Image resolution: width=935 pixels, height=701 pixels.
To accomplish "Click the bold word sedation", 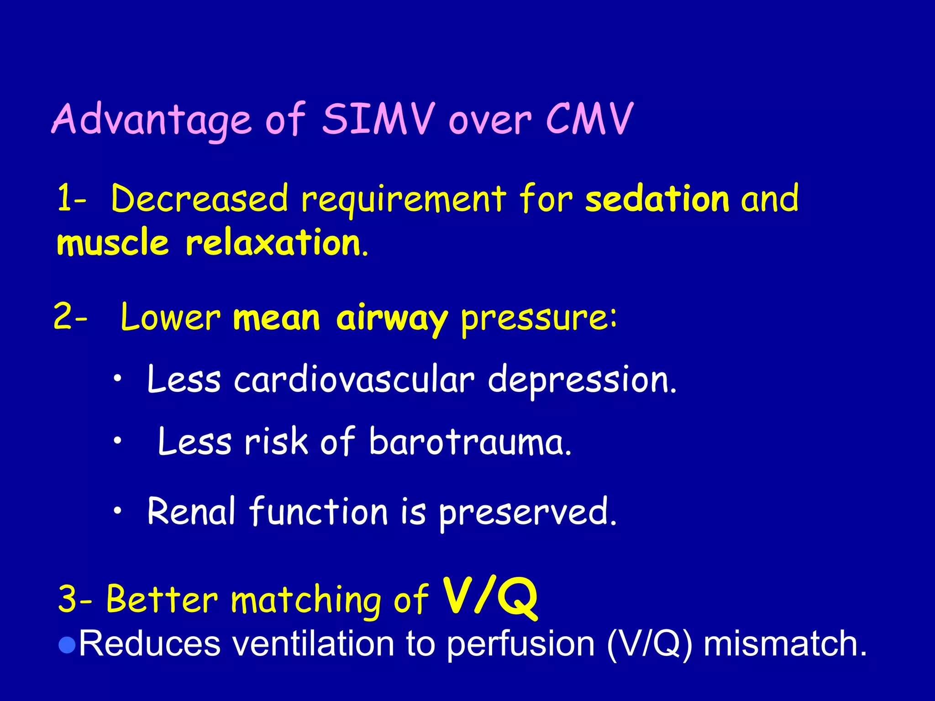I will coord(657,199).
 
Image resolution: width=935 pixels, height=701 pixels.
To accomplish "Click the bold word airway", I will coord(391,319).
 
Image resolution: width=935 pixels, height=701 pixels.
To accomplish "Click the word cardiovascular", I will coord(354,380).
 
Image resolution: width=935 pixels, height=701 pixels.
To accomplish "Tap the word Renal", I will coord(191,511).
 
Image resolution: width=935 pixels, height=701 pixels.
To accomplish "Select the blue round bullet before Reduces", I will coord(67,645).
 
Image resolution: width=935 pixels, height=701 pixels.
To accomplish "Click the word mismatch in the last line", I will coord(784,643).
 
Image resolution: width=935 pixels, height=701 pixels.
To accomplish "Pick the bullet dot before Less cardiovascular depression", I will coord(118,378).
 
